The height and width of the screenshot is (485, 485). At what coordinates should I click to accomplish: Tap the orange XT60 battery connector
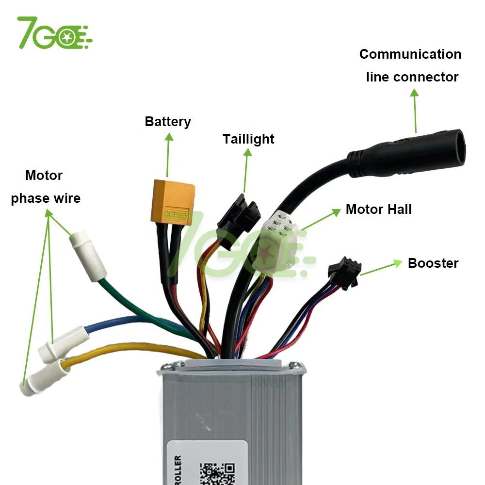174,201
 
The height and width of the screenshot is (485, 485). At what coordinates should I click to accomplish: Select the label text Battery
168,121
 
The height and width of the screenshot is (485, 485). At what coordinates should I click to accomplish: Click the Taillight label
248,139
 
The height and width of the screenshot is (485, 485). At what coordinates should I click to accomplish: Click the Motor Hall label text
378,210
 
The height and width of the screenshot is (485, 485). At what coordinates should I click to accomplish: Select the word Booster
433,263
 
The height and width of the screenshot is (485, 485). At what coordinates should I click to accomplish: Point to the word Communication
410,54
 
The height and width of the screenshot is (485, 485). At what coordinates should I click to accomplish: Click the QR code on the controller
216,473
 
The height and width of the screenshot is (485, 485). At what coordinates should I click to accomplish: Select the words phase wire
46,198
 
